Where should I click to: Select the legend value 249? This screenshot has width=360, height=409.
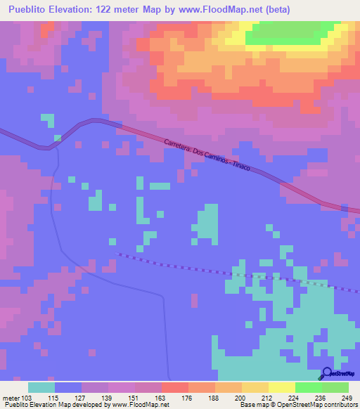click(346, 398)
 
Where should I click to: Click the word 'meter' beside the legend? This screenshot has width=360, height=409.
click(11, 398)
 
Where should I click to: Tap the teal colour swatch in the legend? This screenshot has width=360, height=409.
click(41, 387)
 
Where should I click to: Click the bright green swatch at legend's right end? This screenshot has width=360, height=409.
click(335, 387)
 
